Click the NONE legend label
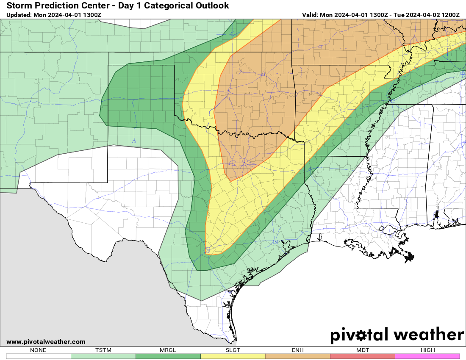39,350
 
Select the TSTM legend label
103,350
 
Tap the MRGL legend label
168,350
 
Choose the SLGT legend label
233,350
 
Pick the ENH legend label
297,350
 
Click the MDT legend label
362,350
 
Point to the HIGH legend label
427,350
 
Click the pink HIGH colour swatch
427,356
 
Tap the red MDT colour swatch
362,356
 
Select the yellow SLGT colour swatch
233,356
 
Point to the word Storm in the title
20,6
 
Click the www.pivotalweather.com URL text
46,342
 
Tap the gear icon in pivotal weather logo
361,335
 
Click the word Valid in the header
310,15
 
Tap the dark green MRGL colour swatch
168,356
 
